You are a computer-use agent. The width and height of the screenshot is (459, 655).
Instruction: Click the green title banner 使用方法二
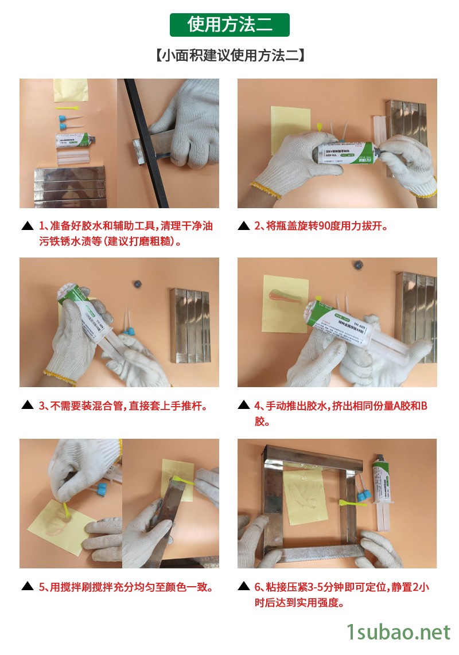229,25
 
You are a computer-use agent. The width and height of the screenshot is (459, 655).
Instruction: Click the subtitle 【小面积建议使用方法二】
229,56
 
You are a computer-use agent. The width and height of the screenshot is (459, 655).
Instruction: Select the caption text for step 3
123,406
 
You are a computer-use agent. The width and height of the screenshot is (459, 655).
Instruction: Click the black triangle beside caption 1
27,226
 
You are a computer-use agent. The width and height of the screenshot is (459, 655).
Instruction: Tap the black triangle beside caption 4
243,406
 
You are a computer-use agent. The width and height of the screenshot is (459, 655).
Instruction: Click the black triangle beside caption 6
243,587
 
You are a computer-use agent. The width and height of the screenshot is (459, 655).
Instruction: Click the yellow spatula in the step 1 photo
67,107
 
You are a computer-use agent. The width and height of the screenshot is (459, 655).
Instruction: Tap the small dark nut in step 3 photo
137,283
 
